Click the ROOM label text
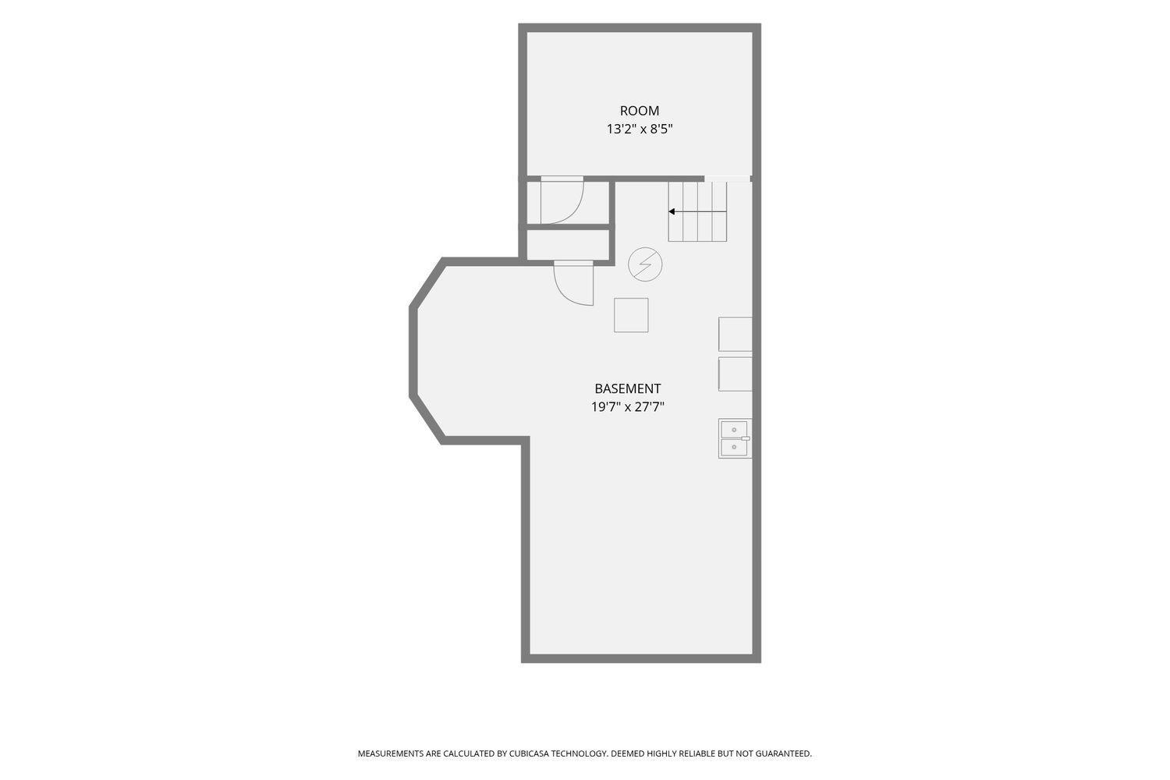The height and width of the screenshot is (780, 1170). coord(640,111)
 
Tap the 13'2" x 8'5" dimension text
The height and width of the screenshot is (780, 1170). coord(640,129)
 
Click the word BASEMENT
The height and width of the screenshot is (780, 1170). coord(627,388)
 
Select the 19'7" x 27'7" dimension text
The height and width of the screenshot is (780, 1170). coord(627,407)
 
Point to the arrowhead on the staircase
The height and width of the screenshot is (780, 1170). coord(672,211)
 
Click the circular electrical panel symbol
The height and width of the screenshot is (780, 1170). coord(645,264)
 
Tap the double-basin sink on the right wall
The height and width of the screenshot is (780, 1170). coord(735,438)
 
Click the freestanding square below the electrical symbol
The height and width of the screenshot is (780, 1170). coord(631,315)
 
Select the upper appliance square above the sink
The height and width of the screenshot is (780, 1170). coord(736,335)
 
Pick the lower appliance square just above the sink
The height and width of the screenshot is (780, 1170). coord(736,374)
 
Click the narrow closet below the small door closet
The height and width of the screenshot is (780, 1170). coord(568,244)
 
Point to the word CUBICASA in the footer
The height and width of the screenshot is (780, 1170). coord(529,753)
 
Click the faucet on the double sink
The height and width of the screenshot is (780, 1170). coord(746,438)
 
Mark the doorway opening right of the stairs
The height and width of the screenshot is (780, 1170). coord(728,179)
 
